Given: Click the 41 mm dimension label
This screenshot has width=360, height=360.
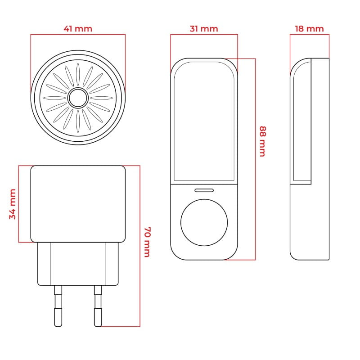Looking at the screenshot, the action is (x=78, y=29).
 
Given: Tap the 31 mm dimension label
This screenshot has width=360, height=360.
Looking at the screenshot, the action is (x=204, y=29).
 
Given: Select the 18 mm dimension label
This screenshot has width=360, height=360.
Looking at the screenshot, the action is (x=309, y=29).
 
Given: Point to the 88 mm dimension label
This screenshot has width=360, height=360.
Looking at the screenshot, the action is (x=263, y=141).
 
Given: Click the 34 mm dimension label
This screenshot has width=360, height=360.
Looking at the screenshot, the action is (x=13, y=204).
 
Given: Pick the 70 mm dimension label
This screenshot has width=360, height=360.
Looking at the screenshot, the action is (x=147, y=242).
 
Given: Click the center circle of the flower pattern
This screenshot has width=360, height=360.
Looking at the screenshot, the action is (x=78, y=98).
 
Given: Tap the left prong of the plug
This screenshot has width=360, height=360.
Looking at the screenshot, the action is (x=58, y=306).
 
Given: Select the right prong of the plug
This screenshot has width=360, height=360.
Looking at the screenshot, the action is (x=98, y=306).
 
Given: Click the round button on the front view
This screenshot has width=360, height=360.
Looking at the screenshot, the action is (x=204, y=222).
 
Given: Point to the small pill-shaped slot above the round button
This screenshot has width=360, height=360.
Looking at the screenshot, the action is (x=204, y=190).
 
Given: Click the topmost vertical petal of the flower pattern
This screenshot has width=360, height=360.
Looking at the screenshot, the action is (x=78, y=75).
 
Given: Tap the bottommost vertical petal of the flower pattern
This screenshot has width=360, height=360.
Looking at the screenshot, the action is (x=78, y=121).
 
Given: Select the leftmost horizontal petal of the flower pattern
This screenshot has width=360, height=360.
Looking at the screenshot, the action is (x=54, y=98).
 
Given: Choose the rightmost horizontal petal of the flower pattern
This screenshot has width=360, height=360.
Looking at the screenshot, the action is (x=102, y=98).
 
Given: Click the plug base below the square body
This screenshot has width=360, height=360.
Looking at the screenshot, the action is (x=78, y=264).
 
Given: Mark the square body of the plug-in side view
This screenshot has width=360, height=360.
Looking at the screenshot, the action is (x=78, y=204).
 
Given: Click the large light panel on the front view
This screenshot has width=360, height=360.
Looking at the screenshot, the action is (x=204, y=121).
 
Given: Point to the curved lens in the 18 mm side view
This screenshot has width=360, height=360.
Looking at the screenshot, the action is (x=301, y=121).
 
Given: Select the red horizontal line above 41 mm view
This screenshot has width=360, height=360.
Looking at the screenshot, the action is (x=78, y=35).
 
